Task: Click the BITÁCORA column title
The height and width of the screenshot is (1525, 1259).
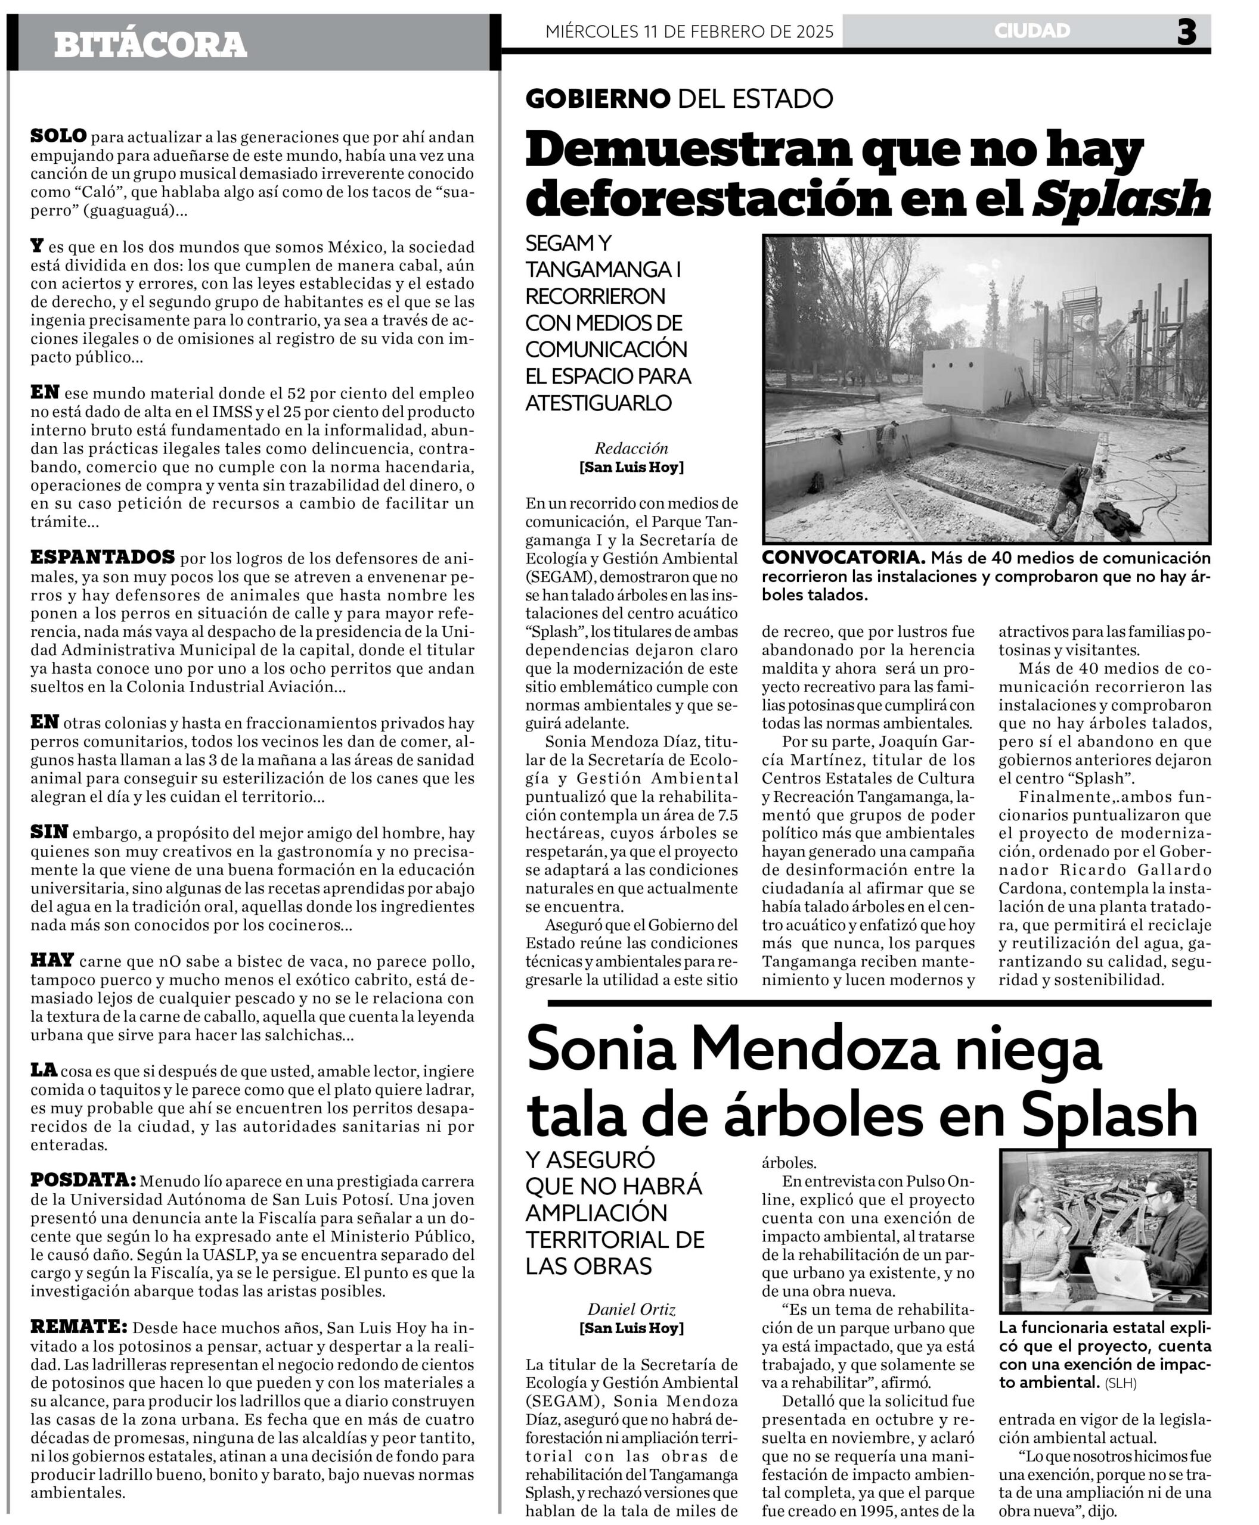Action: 150,45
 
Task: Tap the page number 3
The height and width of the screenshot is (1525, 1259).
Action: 1186,32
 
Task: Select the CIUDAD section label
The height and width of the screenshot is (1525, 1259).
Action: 1032,30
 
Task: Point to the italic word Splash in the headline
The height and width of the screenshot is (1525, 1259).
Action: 1121,198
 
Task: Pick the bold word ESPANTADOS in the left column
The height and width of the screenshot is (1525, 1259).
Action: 103,558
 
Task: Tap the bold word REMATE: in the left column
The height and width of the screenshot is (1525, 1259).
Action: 78,1327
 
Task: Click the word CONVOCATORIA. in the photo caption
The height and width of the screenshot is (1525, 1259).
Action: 843,558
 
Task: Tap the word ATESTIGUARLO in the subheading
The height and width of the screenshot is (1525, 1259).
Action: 599,403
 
